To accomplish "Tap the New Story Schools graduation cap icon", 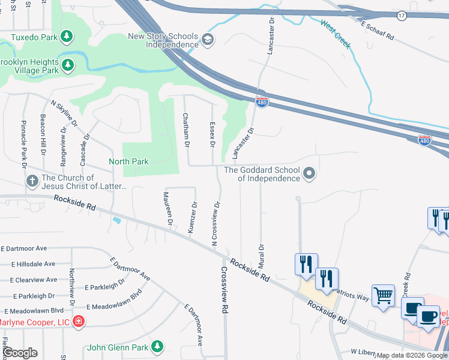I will (208, 40).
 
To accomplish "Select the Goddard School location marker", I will (309, 174).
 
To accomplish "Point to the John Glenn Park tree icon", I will (157, 346).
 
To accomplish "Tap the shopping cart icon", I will (382, 295).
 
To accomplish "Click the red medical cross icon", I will (78, 322).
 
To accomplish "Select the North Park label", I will (128, 161).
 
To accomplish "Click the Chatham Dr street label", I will (186, 130).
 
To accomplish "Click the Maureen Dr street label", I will (169, 208).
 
